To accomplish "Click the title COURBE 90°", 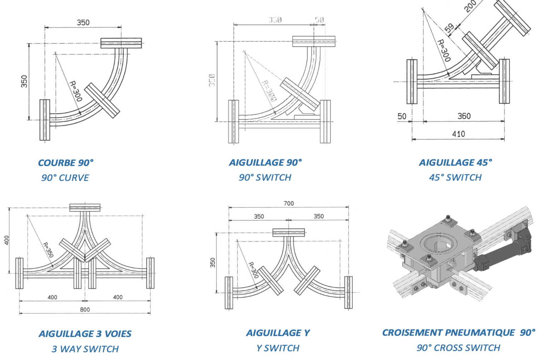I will pyautogui.click(x=66, y=163).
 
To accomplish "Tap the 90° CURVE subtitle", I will pyautogui.click(x=65, y=178).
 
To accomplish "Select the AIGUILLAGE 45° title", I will pyautogui.click(x=455, y=163).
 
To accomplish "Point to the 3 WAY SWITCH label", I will pyautogui.click(x=85, y=349).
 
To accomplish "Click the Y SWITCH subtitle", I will pyautogui.click(x=278, y=348).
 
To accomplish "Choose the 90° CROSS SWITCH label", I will pyautogui.click(x=458, y=348).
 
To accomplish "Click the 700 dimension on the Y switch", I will pyautogui.click(x=288, y=203).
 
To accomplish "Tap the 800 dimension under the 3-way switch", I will pyautogui.click(x=85, y=309).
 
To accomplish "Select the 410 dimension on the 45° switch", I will pyautogui.click(x=458, y=134).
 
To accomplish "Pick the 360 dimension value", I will pyautogui.click(x=464, y=116).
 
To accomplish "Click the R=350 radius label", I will pyautogui.click(x=48, y=249).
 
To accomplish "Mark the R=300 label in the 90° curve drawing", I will pyautogui.click(x=75, y=91).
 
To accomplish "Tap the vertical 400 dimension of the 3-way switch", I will pyautogui.click(x=7, y=240).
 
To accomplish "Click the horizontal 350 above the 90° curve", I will pyautogui.click(x=83, y=23).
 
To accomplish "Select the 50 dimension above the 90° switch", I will pyautogui.click(x=319, y=20).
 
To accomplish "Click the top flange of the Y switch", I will pyautogui.click(x=288, y=232).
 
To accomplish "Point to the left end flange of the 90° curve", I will pyautogui.click(x=45, y=120).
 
